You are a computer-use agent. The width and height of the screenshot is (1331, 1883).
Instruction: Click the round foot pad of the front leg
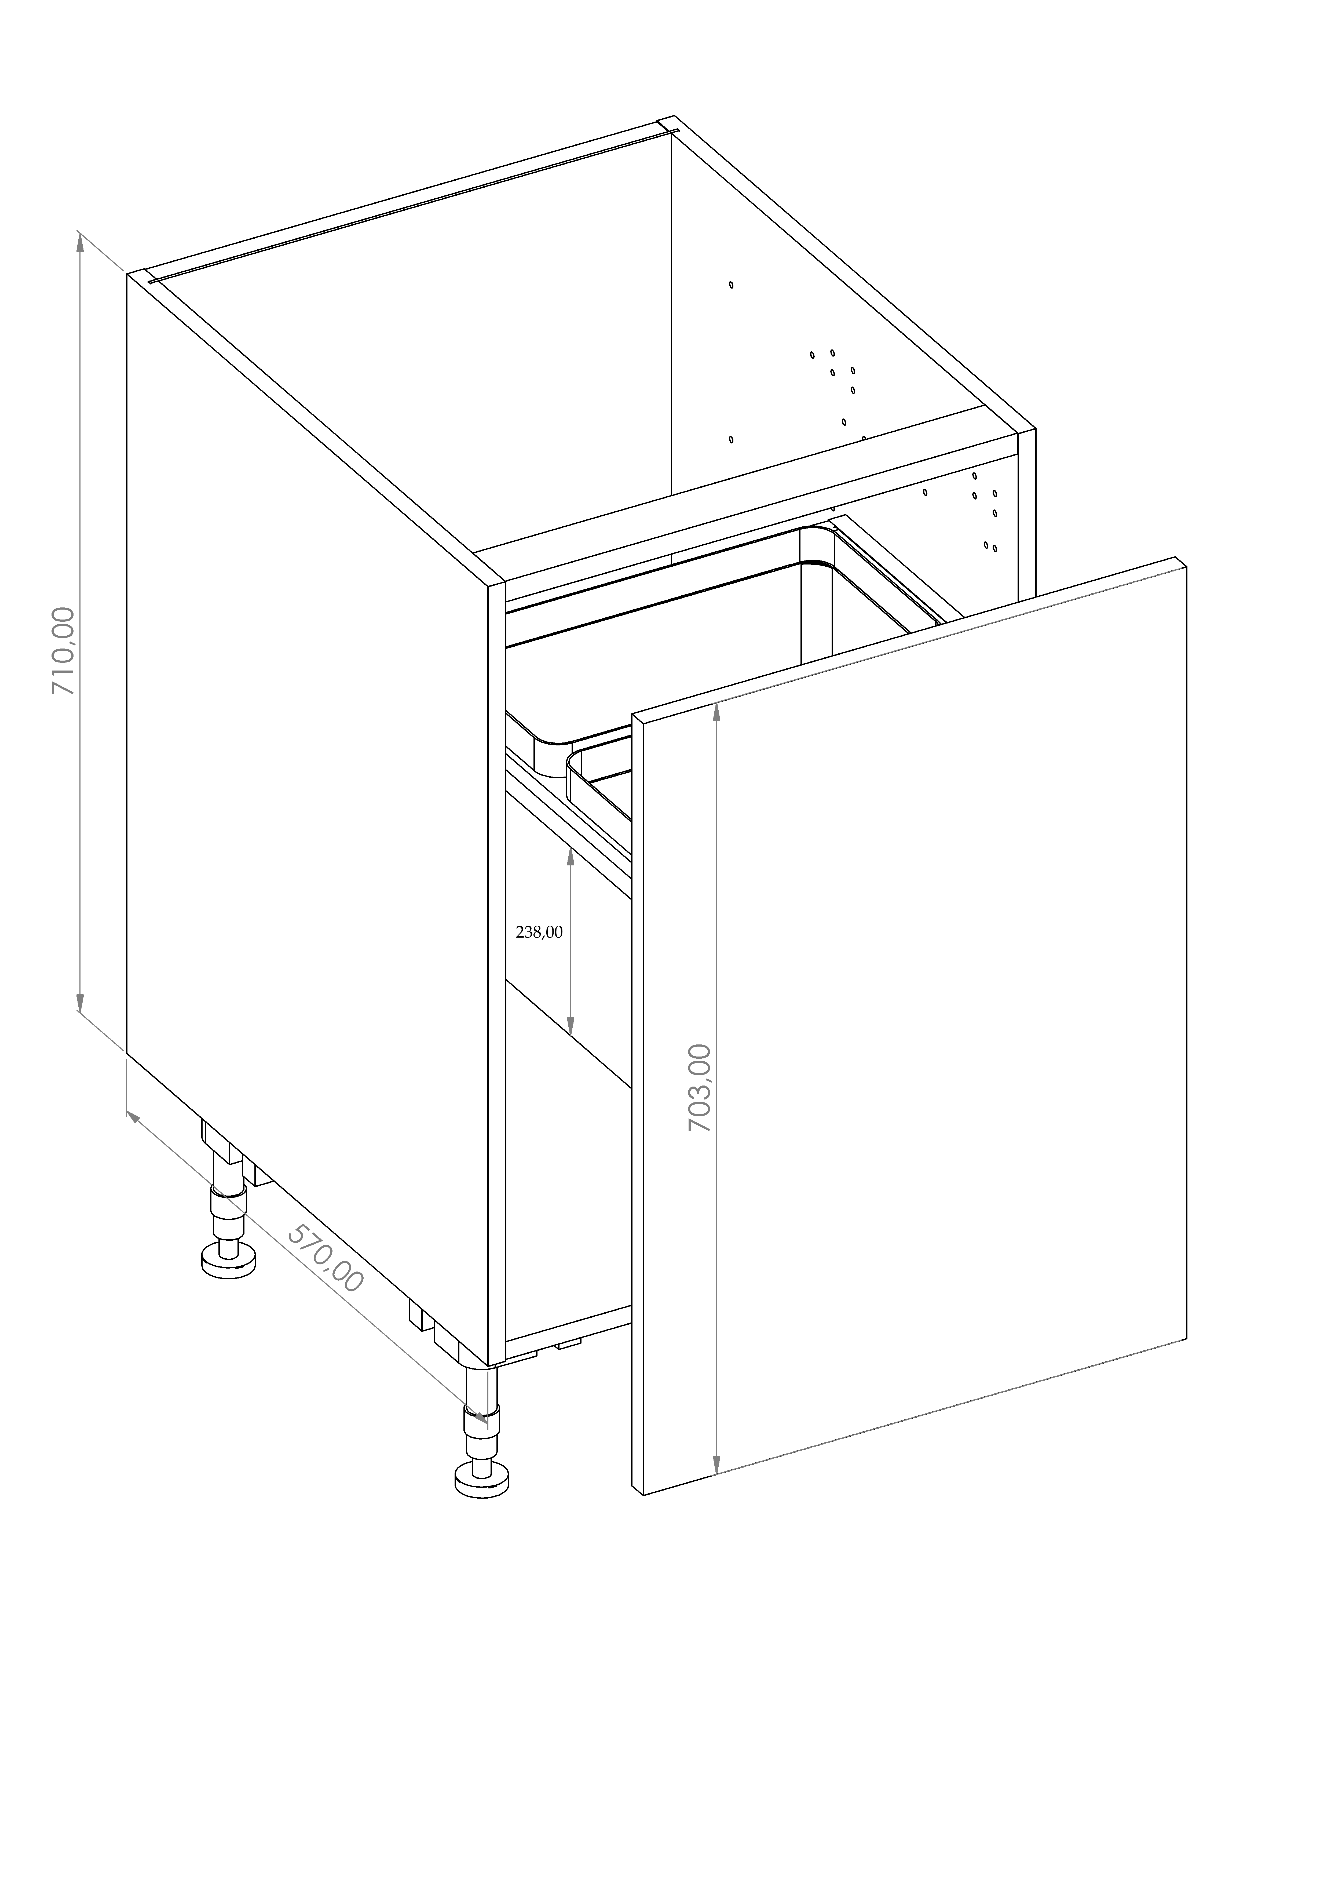coord(481,1482)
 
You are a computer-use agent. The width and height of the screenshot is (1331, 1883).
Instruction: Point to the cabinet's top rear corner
coord(674,116)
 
